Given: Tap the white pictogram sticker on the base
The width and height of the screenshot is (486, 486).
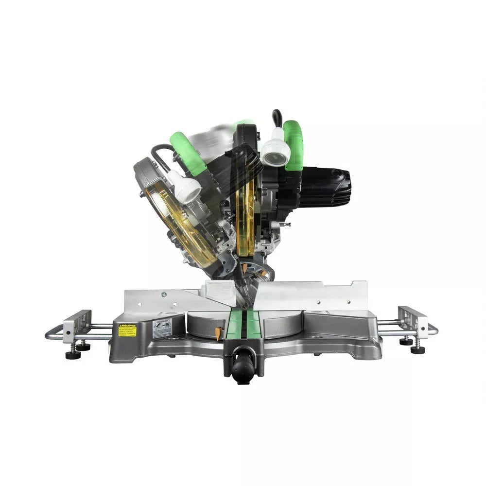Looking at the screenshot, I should click(162, 329).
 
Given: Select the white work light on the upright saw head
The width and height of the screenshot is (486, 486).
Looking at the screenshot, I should click(276, 148).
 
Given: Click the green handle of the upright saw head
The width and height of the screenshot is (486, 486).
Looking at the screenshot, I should click(293, 146).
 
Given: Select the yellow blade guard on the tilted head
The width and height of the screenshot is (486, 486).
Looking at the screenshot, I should click(182, 228).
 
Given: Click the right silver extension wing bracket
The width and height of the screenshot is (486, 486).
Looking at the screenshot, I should click(412, 322).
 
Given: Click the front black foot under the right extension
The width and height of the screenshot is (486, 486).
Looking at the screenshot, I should click(417, 349).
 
